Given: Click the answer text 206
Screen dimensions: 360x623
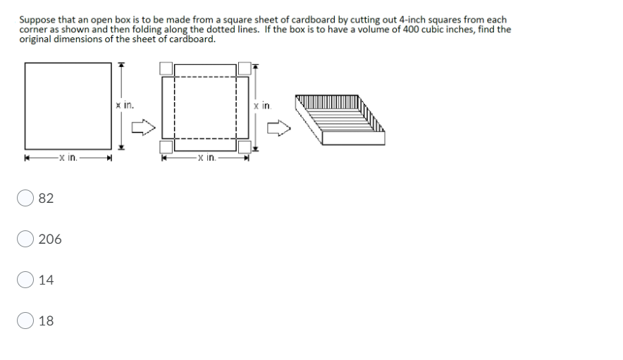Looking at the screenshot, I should tap(50, 240).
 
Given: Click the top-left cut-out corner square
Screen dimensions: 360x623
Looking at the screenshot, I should tap(166, 68).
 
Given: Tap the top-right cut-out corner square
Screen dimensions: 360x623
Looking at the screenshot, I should tap(245, 68).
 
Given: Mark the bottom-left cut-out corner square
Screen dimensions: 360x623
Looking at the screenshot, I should tap(166, 147).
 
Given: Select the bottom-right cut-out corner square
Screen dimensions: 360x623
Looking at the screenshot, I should tap(245, 147).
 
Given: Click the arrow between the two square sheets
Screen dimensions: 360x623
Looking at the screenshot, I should tap(144, 128).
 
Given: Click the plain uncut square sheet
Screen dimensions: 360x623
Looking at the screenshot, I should tap(68, 104).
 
